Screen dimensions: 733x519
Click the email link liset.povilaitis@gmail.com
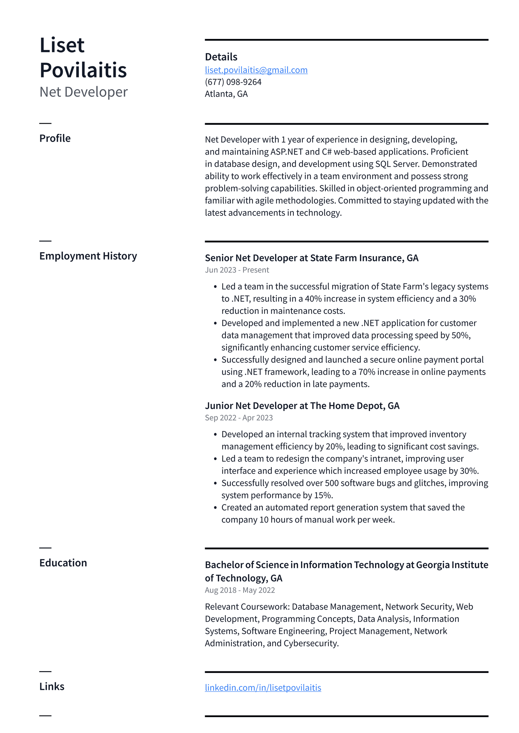[x=256, y=70]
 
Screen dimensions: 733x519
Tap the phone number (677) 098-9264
[x=233, y=82]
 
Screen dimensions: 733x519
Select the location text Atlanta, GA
[x=226, y=94]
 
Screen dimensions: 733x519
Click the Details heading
[x=221, y=57]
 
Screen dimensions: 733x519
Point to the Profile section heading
[x=55, y=138]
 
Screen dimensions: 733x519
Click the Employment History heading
[x=88, y=256]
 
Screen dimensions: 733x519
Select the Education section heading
[x=63, y=563]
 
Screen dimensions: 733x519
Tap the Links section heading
[x=52, y=687]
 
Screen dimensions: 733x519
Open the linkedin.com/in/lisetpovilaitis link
[x=263, y=688]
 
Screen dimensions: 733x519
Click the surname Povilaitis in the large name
[x=83, y=70]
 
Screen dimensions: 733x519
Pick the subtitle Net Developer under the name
[x=83, y=92]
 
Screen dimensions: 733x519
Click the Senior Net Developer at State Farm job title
[x=311, y=258]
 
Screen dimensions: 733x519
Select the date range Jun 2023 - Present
[x=237, y=270]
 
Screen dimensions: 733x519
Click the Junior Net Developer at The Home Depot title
[x=302, y=406]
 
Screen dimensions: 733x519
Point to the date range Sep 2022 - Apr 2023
[x=239, y=418]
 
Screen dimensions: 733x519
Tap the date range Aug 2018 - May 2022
[x=240, y=590]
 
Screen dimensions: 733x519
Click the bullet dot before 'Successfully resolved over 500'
[x=215, y=483]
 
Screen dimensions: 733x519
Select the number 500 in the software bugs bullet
[x=332, y=483]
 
